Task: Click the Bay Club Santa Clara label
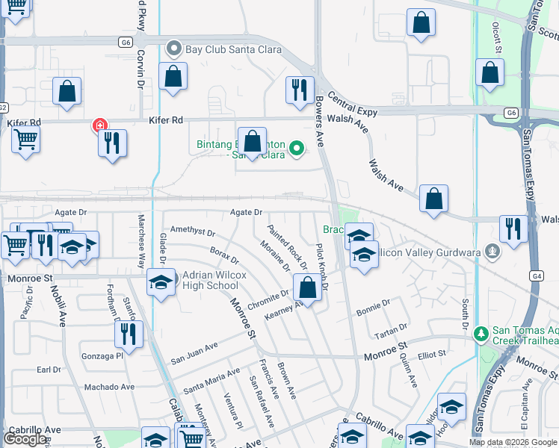(222, 50)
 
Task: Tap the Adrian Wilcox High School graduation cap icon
(161, 282)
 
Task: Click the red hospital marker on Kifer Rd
(98, 125)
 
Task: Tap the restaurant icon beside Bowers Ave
(299, 90)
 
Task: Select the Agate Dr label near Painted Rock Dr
(247, 212)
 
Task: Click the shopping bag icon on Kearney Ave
(307, 286)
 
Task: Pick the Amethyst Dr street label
(193, 232)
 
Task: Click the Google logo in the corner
(25, 439)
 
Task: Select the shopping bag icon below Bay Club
(173, 76)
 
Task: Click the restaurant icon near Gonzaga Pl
(129, 333)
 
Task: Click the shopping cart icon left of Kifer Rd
(25, 139)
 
